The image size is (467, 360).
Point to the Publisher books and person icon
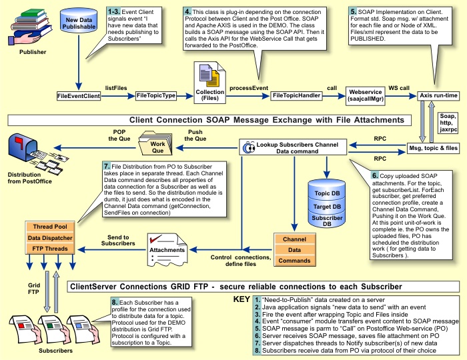point(27,27)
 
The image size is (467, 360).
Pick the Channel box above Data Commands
point(294,238)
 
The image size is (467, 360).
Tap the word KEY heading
point(242,300)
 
